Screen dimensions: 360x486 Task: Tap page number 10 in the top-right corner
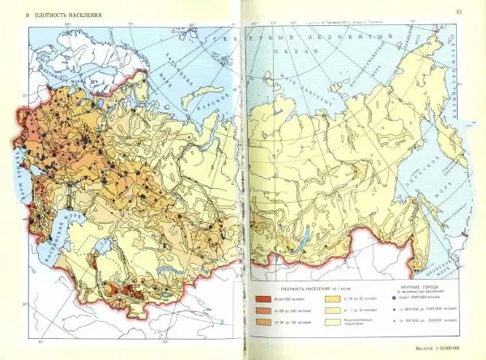click(458, 11)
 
